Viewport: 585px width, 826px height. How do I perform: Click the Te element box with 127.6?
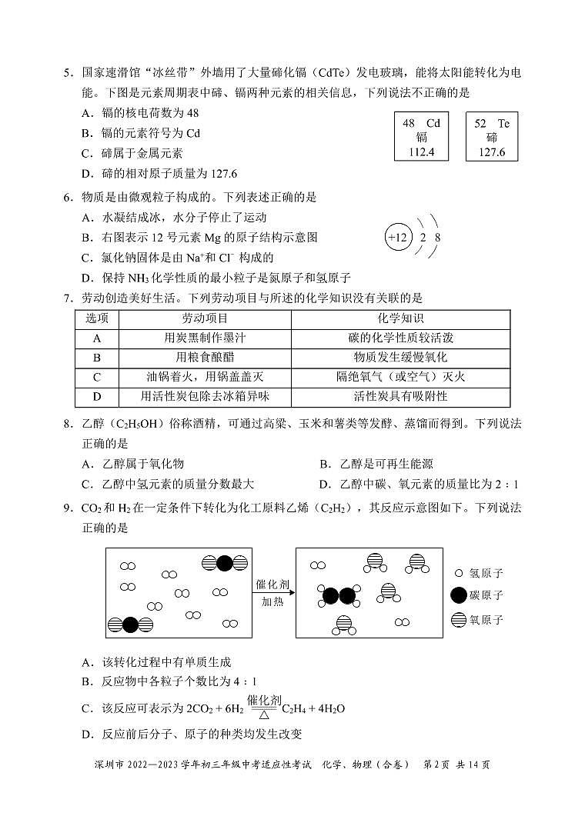pyautogui.click(x=492, y=138)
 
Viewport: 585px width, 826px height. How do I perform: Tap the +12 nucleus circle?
pyautogui.click(x=398, y=237)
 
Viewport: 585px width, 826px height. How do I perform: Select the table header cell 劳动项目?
pyautogui.click(x=205, y=318)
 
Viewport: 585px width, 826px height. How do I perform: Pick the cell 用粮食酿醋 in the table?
pyautogui.click(x=205, y=358)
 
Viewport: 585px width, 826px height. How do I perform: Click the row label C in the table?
pyautogui.click(x=97, y=377)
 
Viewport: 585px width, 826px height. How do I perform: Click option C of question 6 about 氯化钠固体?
pyautogui.click(x=177, y=258)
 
